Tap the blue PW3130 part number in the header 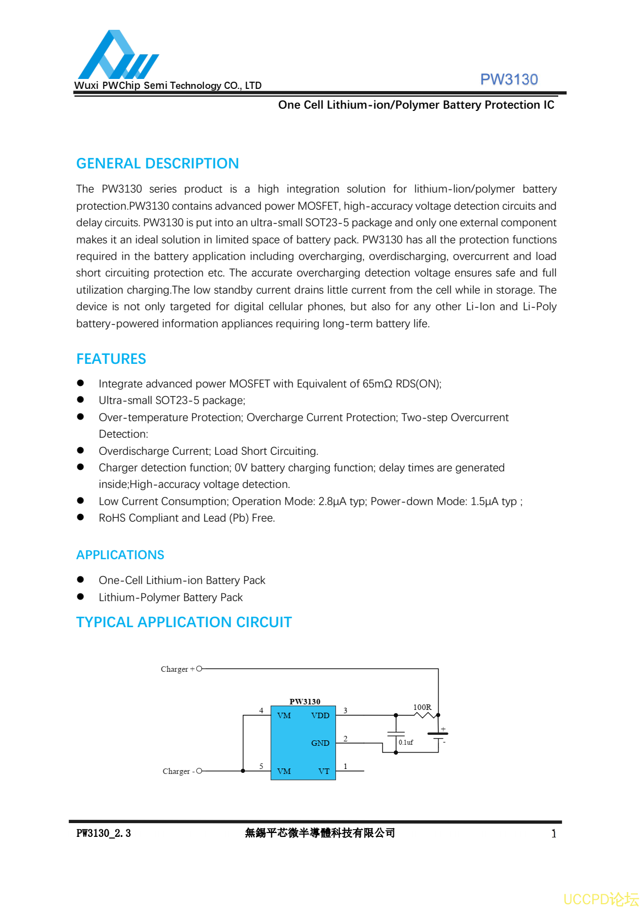509,79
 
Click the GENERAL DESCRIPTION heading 157,163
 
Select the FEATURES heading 111,359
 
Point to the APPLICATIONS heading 120,555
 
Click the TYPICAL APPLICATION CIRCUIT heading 184,622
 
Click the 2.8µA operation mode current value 333,501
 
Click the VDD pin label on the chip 320,715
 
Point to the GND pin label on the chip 320,743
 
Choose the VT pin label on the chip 324,771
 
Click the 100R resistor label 422,707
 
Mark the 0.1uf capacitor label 405,742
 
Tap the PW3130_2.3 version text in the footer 104,833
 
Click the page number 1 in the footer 553,834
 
